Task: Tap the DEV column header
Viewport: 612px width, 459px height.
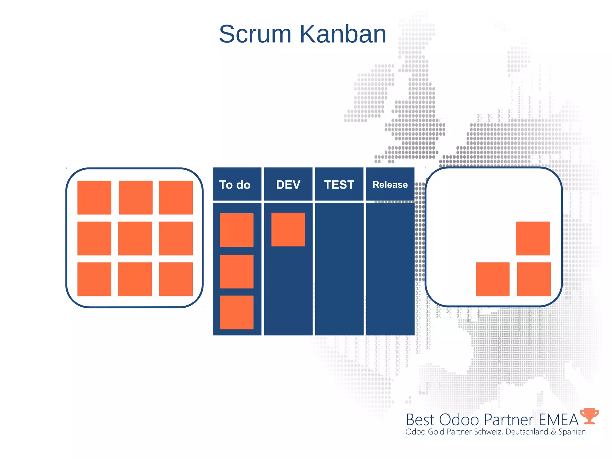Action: coord(288,184)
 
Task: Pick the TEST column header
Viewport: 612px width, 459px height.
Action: coord(339,184)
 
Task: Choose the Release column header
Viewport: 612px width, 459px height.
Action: coord(390,184)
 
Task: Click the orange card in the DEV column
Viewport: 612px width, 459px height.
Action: coord(288,229)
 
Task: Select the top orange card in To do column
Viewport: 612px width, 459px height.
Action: coord(236,230)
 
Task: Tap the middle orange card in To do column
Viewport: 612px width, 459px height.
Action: coord(236,271)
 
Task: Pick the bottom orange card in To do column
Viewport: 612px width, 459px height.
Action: coord(236,312)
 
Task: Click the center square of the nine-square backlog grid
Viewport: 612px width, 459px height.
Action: coord(135,238)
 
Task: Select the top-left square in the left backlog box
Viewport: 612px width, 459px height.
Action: coord(94,198)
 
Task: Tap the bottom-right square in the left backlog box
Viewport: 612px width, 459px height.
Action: coord(176,279)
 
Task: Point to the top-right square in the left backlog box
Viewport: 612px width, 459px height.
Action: coord(176,198)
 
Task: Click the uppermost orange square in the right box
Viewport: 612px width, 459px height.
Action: coord(533,238)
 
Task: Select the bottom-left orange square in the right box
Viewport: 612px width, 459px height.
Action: coord(492,279)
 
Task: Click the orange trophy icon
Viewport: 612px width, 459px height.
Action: coord(589,416)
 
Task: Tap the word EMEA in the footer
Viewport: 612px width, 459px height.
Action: coord(559,420)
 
